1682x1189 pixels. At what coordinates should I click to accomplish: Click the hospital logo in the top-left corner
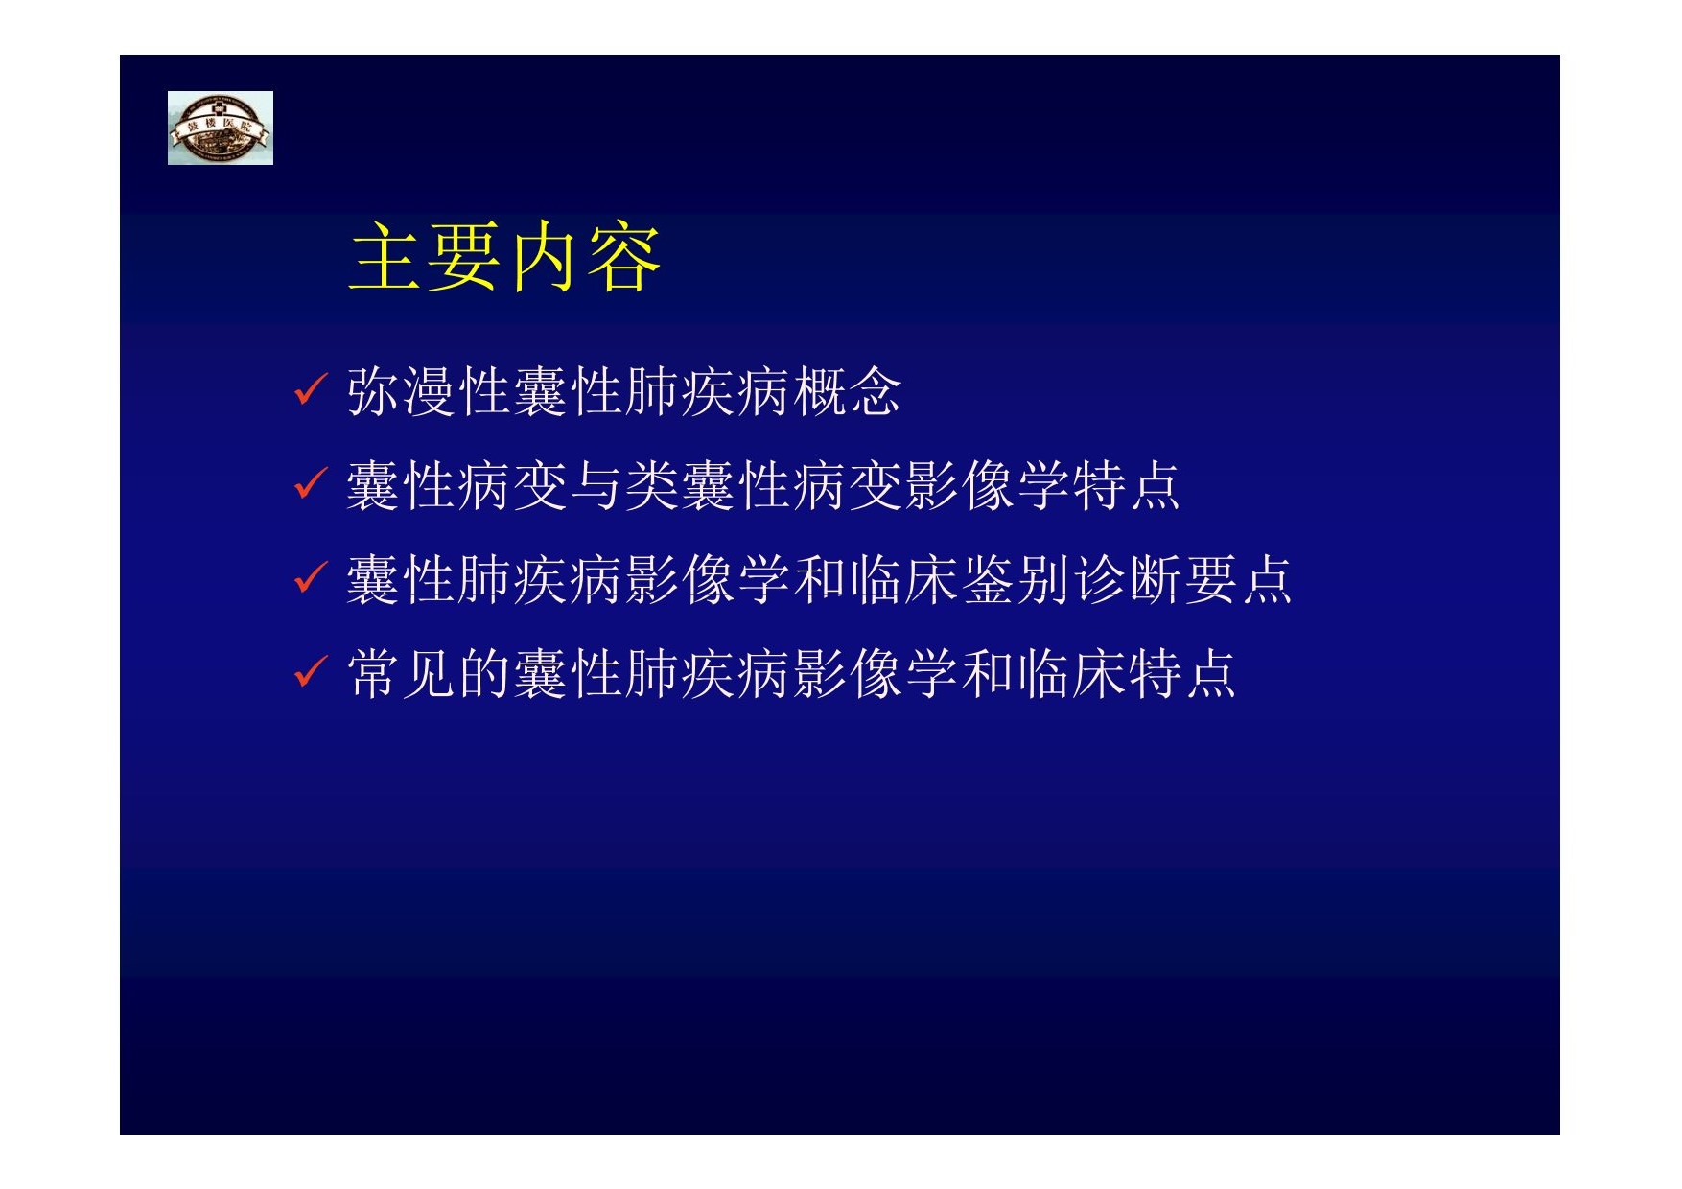(x=220, y=128)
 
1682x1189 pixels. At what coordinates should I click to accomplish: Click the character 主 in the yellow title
(x=386, y=257)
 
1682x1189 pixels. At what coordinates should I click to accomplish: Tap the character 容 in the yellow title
(x=624, y=257)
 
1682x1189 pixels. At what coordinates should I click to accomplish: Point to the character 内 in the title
(x=546, y=257)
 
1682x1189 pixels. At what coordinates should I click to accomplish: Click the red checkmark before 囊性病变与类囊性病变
(x=311, y=483)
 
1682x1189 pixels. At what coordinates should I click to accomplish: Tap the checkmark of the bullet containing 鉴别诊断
(x=311, y=577)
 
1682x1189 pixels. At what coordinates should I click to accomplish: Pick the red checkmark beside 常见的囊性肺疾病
(x=311, y=671)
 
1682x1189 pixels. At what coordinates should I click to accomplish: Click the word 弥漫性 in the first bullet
(x=429, y=391)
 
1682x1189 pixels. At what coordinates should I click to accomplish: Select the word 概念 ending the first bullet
(x=847, y=391)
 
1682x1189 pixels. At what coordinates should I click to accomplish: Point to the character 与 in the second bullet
(x=596, y=485)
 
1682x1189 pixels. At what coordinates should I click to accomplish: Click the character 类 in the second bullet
(x=652, y=485)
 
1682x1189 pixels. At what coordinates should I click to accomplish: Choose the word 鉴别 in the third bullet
(x=1015, y=579)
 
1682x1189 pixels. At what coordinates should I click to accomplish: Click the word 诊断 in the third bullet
(x=1126, y=579)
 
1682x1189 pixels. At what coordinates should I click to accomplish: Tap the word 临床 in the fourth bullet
(x=1070, y=673)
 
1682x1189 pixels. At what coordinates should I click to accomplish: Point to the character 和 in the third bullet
(x=819, y=579)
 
